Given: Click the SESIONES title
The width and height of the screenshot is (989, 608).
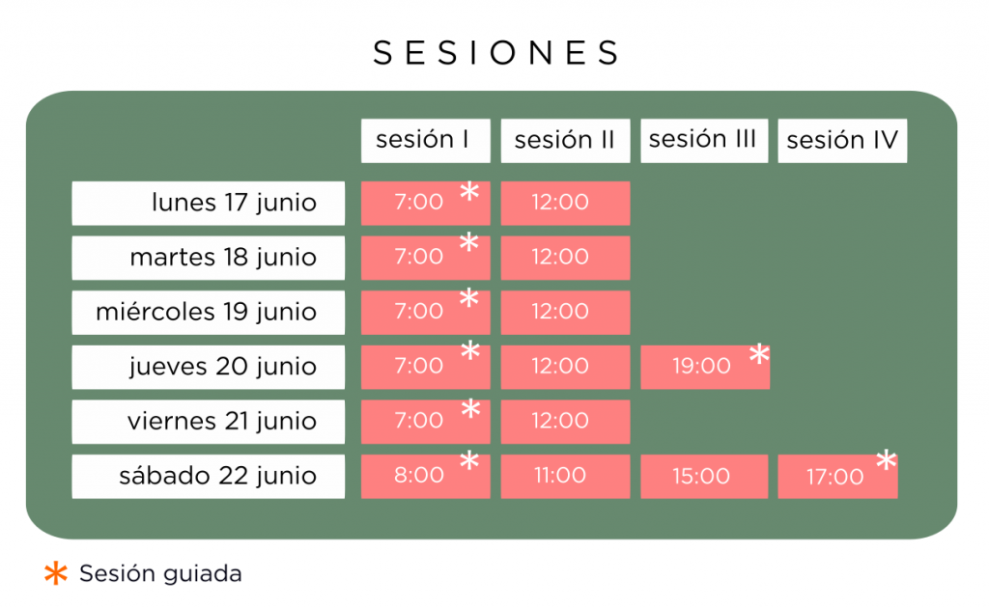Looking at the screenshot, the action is pyautogui.click(x=496, y=52).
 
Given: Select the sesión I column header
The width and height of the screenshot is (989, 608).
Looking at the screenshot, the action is pyautogui.click(x=426, y=141).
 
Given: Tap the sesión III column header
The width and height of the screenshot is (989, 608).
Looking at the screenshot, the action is pyautogui.click(x=704, y=141).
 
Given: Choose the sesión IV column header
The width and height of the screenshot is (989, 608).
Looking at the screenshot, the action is pyautogui.click(x=842, y=141).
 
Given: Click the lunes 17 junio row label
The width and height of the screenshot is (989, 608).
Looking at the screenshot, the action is pyautogui.click(x=209, y=203).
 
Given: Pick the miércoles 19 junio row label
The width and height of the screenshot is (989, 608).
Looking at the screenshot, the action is pyautogui.click(x=209, y=313).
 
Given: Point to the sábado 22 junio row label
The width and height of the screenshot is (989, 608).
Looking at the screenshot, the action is pyautogui.click(x=209, y=477).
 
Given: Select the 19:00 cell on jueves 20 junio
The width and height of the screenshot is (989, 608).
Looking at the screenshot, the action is pyautogui.click(x=705, y=367).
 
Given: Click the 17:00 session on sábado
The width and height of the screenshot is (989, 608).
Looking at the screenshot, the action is pyautogui.click(x=837, y=477).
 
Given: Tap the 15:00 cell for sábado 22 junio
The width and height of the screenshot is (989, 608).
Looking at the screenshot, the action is pyautogui.click(x=704, y=477).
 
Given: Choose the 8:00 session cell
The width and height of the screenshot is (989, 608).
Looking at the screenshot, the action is pyautogui.click(x=426, y=477).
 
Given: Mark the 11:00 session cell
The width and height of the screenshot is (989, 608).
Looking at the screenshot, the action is pyautogui.click(x=565, y=477).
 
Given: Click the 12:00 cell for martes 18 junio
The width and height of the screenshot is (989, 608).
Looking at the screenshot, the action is pyautogui.click(x=565, y=258).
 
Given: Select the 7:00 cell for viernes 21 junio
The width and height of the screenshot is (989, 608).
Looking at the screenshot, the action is pyautogui.click(x=426, y=422).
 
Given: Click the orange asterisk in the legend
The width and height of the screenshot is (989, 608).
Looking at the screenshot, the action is pyautogui.click(x=56, y=573).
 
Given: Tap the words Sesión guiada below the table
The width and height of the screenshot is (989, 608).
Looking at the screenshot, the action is pyautogui.click(x=160, y=574).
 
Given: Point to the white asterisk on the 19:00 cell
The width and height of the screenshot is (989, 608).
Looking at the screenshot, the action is pyautogui.click(x=759, y=354).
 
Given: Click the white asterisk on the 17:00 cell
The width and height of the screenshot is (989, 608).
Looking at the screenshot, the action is pyautogui.click(x=887, y=460).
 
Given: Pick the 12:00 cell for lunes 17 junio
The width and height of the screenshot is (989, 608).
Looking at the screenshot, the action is pyautogui.click(x=565, y=203).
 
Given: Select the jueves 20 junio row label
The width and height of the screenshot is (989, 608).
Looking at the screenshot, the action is pyautogui.click(x=209, y=367).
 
